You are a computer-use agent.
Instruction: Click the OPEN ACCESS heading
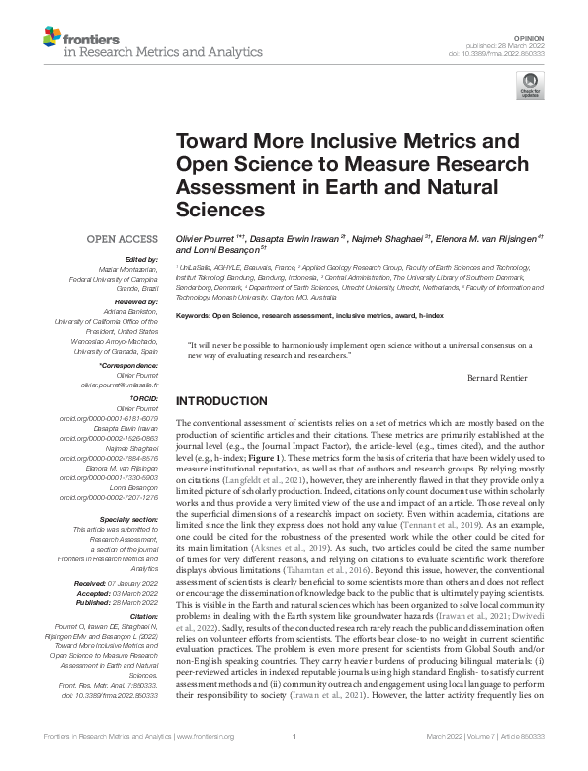[123, 239]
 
